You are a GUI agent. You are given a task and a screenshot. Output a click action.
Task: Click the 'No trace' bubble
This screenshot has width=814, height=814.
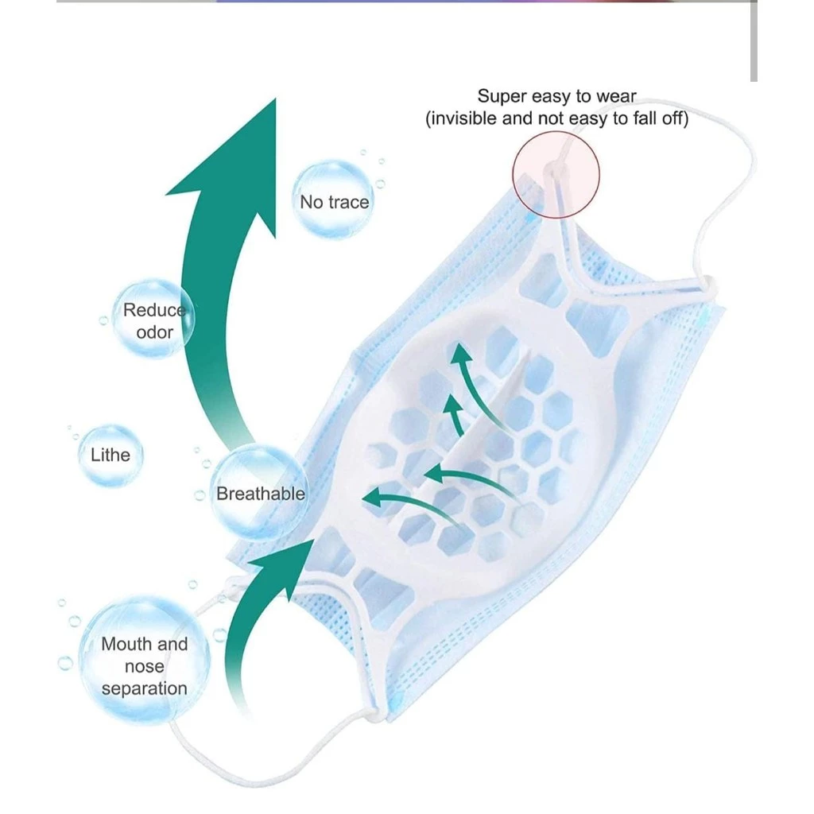(x=333, y=201)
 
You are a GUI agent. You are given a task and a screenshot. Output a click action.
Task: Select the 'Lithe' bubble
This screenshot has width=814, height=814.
(x=110, y=455)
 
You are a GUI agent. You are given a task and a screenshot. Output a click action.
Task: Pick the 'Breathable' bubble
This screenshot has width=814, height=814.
(x=260, y=494)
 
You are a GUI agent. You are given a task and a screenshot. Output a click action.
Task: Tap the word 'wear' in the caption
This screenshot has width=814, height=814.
(x=618, y=96)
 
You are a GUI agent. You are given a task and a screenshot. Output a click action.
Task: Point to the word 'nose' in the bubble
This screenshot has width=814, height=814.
(x=144, y=666)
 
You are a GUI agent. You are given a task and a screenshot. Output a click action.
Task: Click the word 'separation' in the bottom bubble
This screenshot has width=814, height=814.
(x=144, y=688)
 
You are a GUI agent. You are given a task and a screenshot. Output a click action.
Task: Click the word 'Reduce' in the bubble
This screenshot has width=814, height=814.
(x=153, y=310)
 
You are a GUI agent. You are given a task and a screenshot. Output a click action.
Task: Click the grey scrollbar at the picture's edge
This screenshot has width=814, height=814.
(x=754, y=40)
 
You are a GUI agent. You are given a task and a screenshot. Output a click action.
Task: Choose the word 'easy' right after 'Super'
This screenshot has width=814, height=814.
(x=548, y=96)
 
